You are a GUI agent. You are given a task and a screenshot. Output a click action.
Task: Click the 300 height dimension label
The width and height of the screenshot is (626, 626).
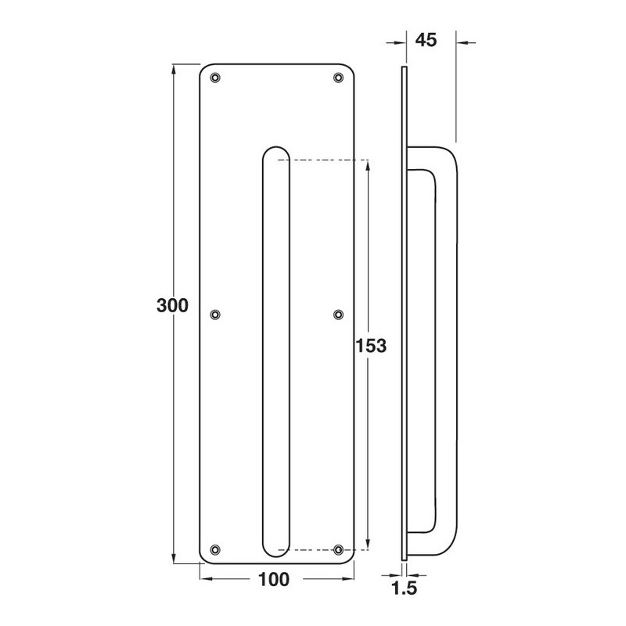172,306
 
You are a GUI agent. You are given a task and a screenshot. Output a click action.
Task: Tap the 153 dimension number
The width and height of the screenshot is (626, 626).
371,346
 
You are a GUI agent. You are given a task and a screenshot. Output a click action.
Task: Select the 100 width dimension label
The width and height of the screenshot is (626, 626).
274,580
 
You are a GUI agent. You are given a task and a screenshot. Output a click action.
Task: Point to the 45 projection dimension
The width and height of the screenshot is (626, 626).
426,41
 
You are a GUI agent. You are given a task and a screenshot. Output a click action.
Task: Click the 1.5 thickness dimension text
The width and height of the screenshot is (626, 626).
405,589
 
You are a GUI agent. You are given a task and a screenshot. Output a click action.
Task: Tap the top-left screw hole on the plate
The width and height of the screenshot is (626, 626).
215,77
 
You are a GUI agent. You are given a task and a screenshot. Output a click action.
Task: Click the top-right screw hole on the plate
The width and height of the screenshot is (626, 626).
338,77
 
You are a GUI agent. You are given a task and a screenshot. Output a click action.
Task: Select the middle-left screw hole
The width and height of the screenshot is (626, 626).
215,315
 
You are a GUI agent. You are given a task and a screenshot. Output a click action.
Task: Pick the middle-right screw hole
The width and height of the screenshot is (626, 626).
338,315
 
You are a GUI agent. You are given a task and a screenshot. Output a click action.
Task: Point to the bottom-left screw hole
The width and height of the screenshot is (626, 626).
215,550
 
